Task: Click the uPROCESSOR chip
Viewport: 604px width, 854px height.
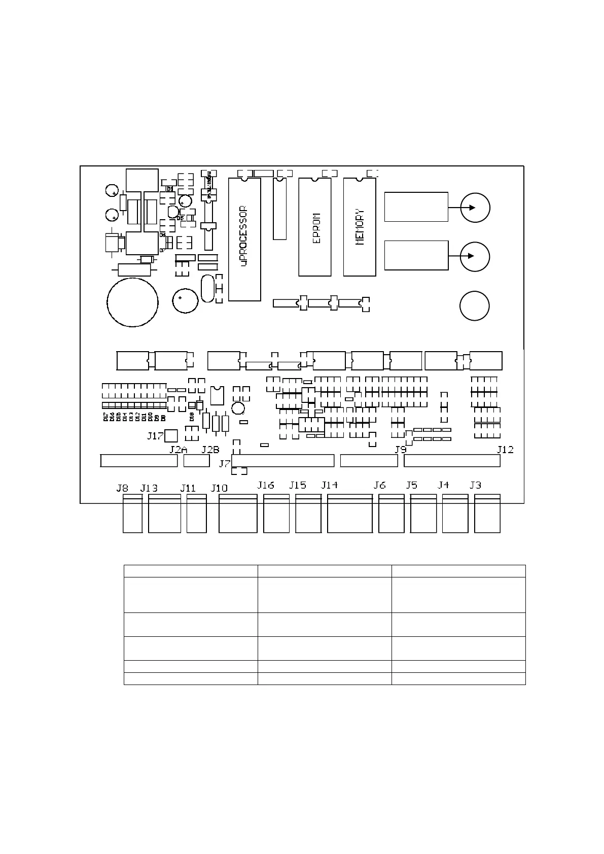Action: [244, 239]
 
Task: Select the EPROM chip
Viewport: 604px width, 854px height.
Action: [315, 227]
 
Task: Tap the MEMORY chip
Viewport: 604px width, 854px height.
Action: [360, 227]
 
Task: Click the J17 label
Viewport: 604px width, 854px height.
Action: [155, 435]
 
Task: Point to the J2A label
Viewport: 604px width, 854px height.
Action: [179, 450]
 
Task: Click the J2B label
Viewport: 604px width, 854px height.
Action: [210, 450]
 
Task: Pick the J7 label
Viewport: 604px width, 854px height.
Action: [225, 463]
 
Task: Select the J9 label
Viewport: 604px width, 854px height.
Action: [401, 450]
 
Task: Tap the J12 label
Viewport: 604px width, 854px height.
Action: [505, 450]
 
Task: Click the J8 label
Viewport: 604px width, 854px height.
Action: [122, 488]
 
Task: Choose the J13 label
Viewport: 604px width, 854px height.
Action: [149, 488]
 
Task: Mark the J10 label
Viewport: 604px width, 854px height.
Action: [219, 488]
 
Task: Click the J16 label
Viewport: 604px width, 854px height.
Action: [266, 485]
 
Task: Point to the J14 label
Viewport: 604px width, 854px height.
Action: [330, 485]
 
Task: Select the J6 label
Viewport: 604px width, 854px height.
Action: [380, 485]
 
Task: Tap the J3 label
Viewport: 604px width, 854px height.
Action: [475, 485]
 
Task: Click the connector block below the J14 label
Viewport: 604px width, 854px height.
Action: [349, 514]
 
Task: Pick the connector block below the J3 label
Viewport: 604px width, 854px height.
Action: [487, 514]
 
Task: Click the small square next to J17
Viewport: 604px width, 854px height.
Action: [171, 435]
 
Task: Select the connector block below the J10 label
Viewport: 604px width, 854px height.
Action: [238, 514]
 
